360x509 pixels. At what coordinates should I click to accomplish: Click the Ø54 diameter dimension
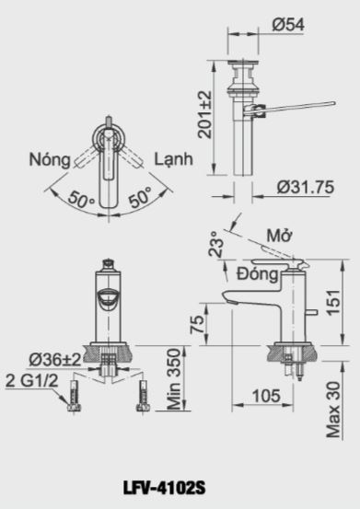288,25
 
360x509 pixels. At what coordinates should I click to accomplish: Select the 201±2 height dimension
205,114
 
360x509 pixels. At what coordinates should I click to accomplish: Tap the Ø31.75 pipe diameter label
305,187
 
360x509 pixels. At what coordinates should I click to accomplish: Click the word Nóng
50,160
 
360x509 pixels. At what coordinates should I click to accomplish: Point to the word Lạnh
173,159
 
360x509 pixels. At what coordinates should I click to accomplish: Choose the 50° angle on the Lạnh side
140,197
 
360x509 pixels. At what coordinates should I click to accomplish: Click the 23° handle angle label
216,244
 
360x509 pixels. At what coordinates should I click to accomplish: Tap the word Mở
279,236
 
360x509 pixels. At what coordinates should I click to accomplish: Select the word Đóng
258,274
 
